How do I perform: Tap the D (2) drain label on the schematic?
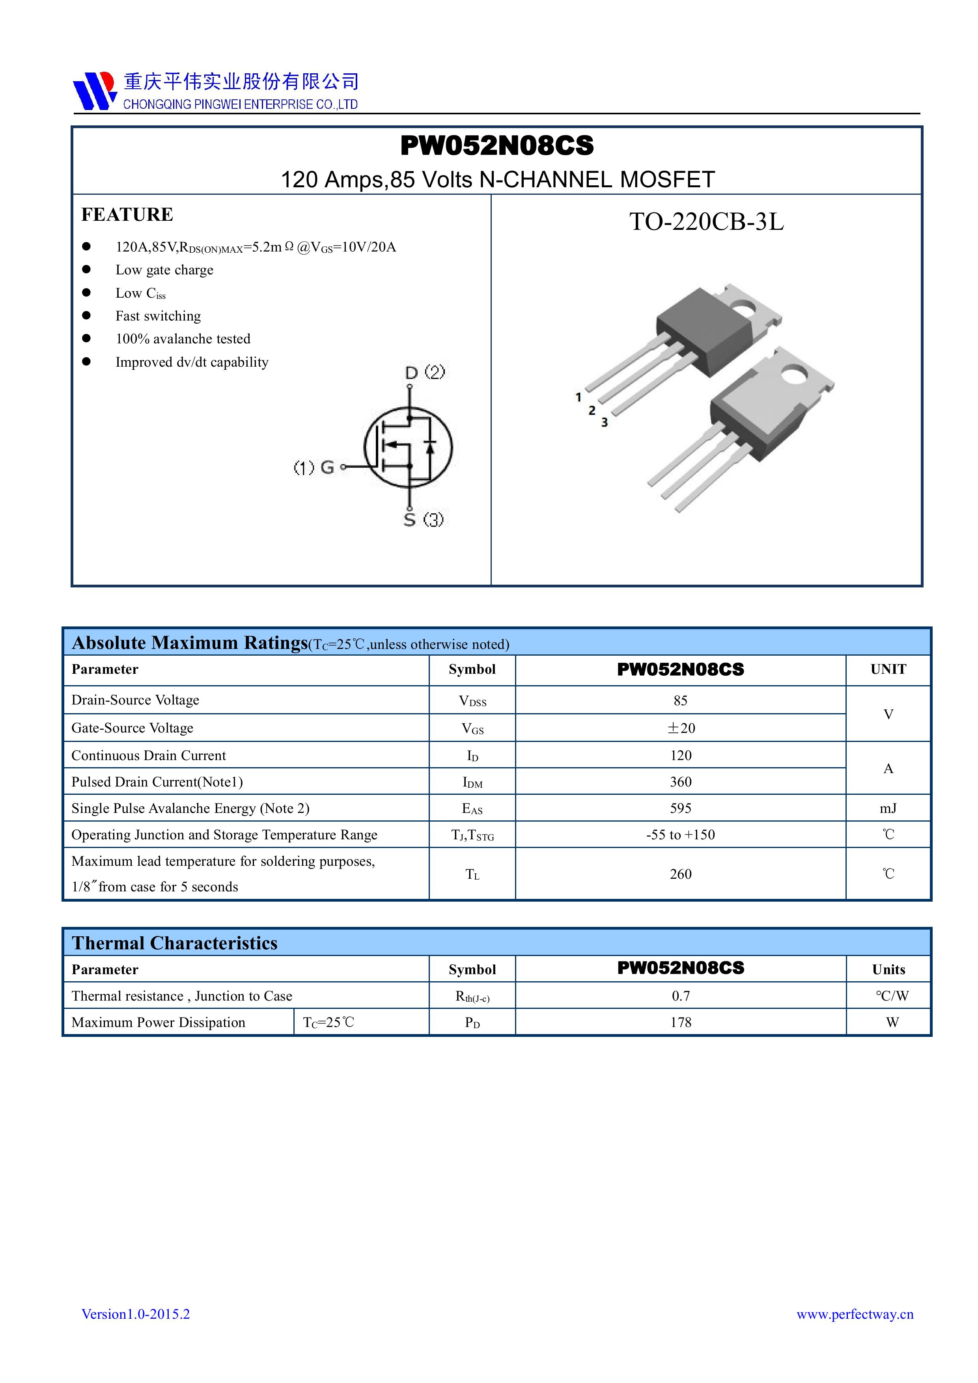[x=425, y=372]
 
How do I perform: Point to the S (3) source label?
[x=423, y=519]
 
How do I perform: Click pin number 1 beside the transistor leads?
[x=579, y=397]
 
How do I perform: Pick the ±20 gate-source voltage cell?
[x=680, y=728]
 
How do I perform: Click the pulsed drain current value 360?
[x=680, y=782]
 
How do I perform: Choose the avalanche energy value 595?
[x=680, y=808]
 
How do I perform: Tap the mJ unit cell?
[x=888, y=808]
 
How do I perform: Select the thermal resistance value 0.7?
[x=680, y=996]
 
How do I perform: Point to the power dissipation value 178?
[x=680, y=1023]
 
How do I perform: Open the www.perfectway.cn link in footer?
[x=855, y=1314]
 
